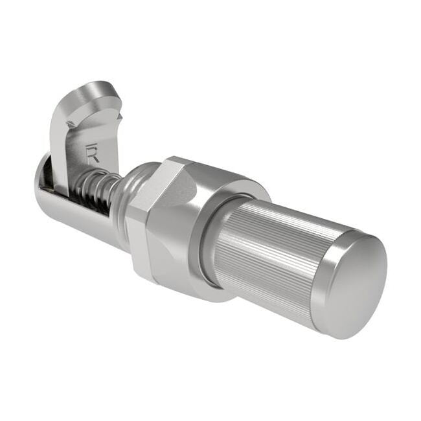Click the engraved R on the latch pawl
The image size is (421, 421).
pos(92,154)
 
